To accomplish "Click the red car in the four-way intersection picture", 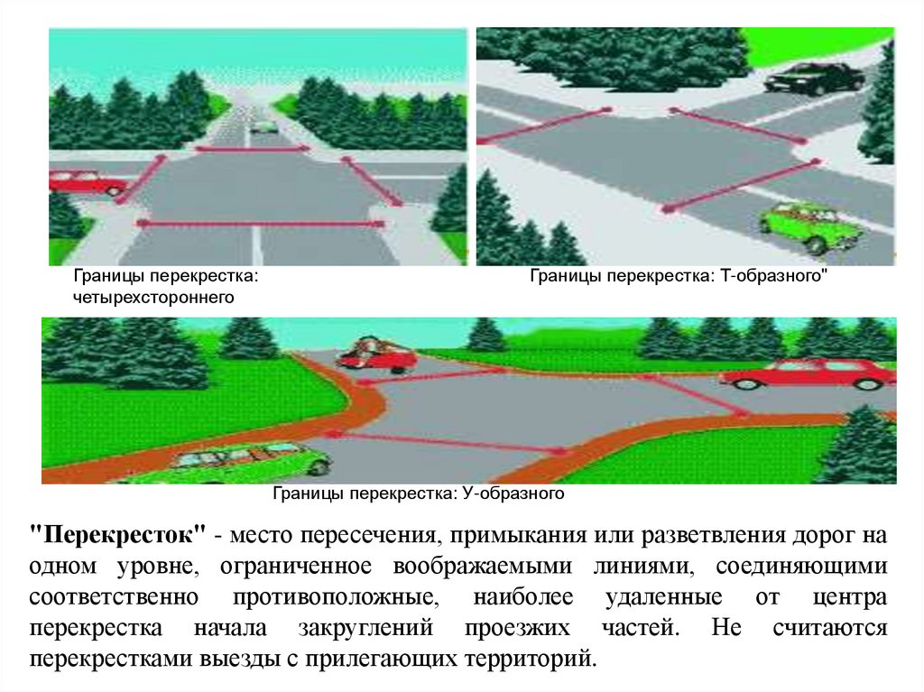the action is pyautogui.click(x=87, y=183).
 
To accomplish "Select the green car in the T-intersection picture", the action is pyautogui.click(x=802, y=226).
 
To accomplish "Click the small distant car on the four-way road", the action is pyautogui.click(x=263, y=127).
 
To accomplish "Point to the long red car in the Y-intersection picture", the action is pyautogui.click(x=808, y=374).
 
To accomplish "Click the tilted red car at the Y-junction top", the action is pyautogui.click(x=376, y=354).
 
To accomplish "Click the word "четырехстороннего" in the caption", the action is pyautogui.click(x=153, y=296).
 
